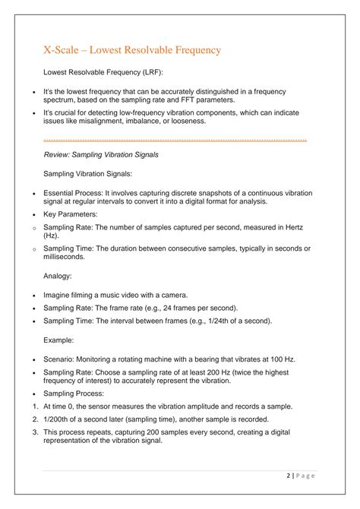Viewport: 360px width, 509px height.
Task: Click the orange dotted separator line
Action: point(175,140)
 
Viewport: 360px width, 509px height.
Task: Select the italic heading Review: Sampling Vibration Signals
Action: point(101,154)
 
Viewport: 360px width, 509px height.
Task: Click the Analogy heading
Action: point(58,277)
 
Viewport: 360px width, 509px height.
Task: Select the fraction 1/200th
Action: point(58,419)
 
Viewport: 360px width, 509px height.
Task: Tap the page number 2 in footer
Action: point(289,476)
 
